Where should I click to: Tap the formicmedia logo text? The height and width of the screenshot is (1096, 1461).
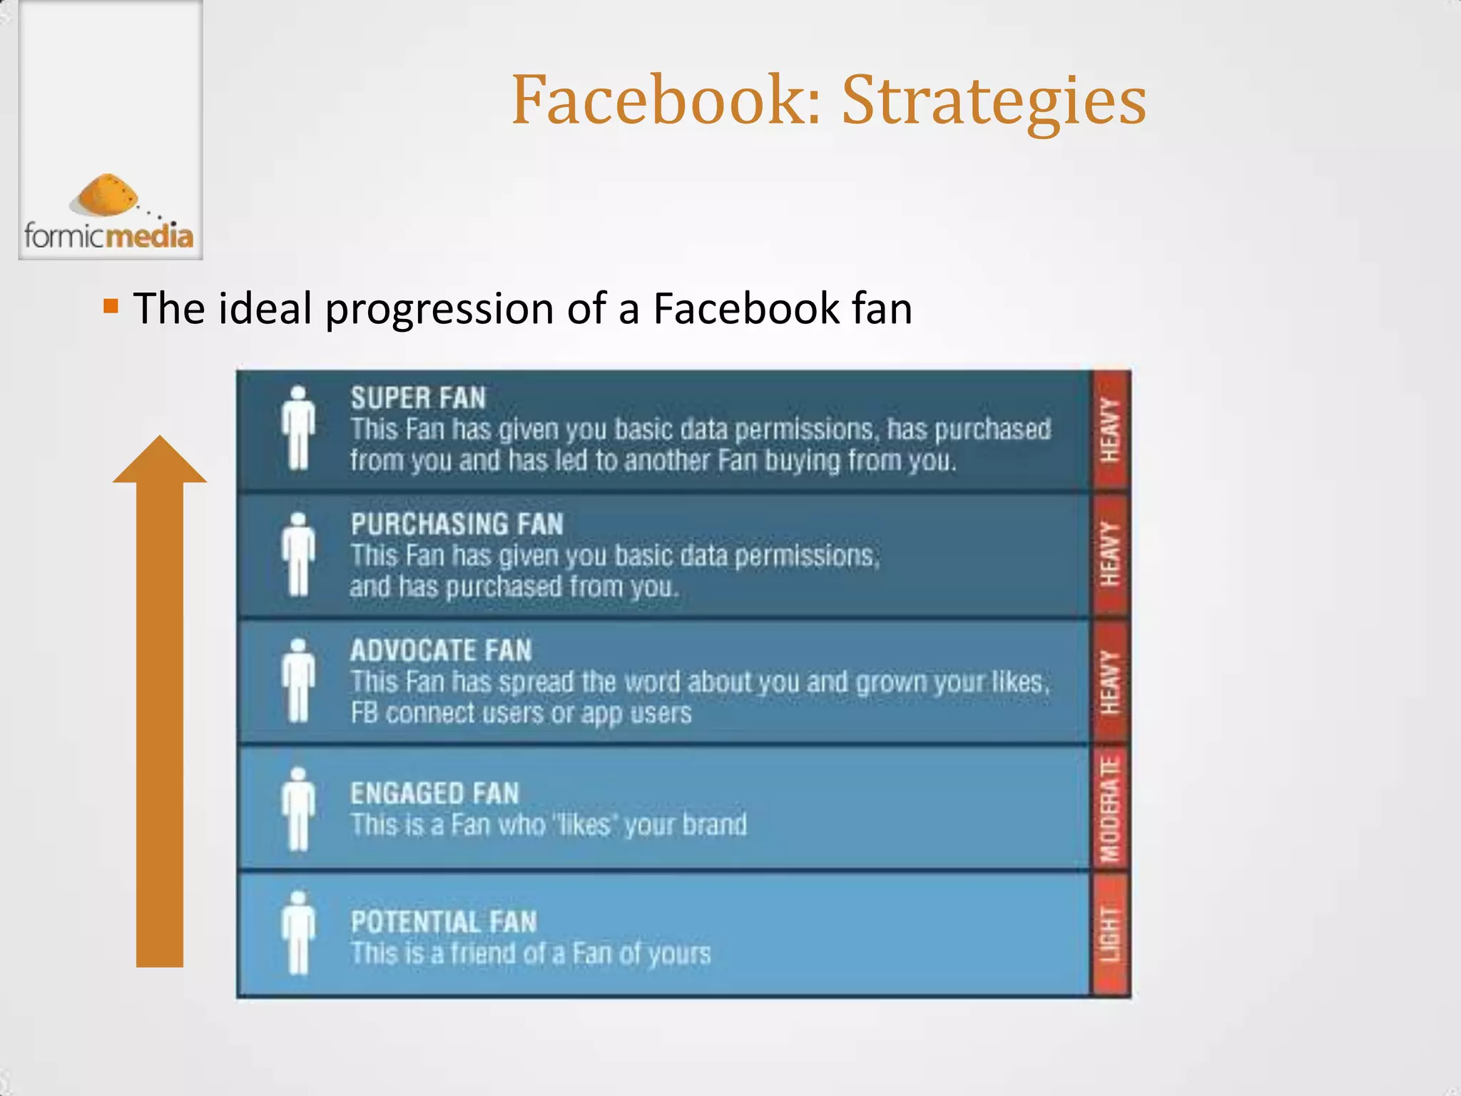pyautogui.click(x=108, y=235)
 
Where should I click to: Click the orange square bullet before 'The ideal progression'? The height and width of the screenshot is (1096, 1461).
pyautogui.click(x=111, y=308)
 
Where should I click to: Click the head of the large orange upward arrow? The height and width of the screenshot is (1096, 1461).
pyautogui.click(x=160, y=461)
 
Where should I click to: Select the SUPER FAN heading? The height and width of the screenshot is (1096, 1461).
pyautogui.click(x=418, y=398)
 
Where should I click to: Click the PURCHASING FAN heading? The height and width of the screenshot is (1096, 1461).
pyautogui.click(x=457, y=524)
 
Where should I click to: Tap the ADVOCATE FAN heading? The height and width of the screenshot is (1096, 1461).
pyautogui.click(x=441, y=651)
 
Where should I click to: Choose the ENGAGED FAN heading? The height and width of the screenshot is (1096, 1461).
pyautogui.click(x=434, y=793)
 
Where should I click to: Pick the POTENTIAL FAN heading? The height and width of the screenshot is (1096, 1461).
pyautogui.click(x=443, y=922)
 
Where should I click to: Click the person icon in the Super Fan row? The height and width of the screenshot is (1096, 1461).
pyautogui.click(x=298, y=427)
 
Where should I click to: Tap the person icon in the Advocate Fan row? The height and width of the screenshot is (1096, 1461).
pyautogui.click(x=298, y=680)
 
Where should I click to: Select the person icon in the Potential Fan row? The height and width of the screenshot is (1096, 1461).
pyautogui.click(x=298, y=932)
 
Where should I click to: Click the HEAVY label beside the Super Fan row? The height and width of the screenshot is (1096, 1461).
pyautogui.click(x=1110, y=430)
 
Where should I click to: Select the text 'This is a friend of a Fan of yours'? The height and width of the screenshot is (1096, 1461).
pyautogui.click(x=531, y=953)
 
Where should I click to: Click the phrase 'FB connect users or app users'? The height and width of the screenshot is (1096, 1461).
pyautogui.click(x=521, y=713)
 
